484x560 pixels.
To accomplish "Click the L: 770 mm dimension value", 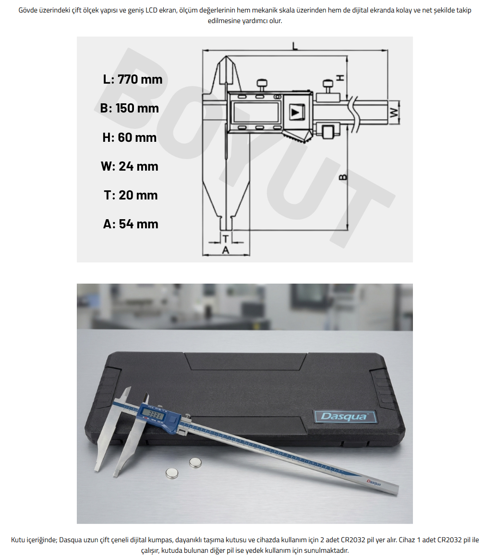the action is click(133, 79).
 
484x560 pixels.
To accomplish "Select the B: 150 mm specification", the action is click(130, 108).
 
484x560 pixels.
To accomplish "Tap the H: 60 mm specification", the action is click(130, 137).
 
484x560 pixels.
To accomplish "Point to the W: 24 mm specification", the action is click(130, 166).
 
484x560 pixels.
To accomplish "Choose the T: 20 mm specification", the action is click(131, 195).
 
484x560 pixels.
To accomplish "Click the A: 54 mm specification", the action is click(131, 224).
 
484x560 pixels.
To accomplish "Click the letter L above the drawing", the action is click(295, 46).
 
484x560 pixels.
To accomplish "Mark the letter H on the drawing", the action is click(340, 77).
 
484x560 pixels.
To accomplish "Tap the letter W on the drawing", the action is click(394, 113).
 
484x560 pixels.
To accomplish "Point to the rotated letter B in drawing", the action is click(342, 177).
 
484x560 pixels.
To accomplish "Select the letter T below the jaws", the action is click(225, 238).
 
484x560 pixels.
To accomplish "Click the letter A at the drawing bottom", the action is click(225, 250).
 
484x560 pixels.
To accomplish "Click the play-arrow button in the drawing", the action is click(296, 112).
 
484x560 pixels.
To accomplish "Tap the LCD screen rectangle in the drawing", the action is click(256, 112).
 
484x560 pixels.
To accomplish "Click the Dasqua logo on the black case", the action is click(345, 417).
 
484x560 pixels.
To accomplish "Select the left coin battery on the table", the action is click(172, 473).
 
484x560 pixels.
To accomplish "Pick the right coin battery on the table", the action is click(195, 462).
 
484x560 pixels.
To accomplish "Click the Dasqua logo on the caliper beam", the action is click(374, 483).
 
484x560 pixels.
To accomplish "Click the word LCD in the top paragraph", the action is click(152, 10).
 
